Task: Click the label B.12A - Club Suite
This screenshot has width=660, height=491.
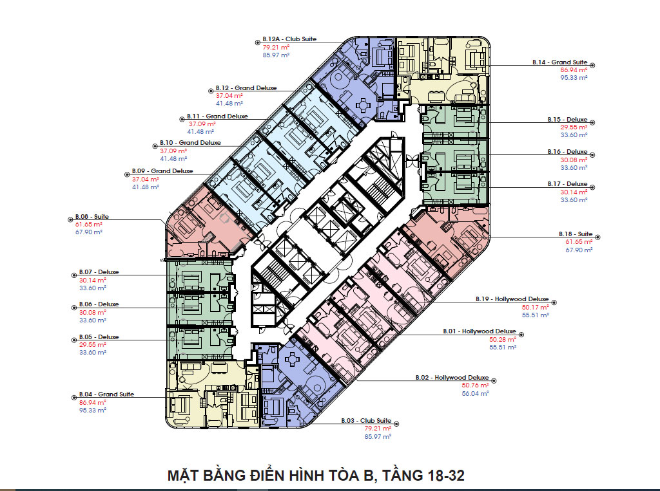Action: coord(289,39)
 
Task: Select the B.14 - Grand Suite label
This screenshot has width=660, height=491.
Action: coord(559,62)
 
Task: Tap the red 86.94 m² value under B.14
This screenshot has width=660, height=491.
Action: coord(574,69)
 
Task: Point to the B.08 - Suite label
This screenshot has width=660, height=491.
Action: coord(92,217)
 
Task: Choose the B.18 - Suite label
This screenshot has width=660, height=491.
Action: coord(575,234)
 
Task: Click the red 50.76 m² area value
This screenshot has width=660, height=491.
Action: coord(475,385)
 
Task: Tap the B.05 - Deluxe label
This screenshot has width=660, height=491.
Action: coord(99,337)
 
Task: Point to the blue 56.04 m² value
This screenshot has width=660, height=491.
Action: coord(475,393)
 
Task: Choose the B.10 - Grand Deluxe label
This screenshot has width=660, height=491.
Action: coord(190,143)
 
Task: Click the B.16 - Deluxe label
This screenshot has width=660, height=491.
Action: coord(568,152)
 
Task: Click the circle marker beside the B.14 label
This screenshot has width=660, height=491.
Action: coord(592,65)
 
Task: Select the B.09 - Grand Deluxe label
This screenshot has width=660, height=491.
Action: coord(162,171)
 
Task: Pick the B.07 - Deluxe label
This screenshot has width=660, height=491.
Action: coord(99,272)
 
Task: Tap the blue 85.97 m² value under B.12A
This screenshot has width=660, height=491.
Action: coord(276,55)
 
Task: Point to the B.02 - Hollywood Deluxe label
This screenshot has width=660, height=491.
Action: coord(452,378)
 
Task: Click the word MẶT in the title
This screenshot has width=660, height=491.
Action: coord(183,476)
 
